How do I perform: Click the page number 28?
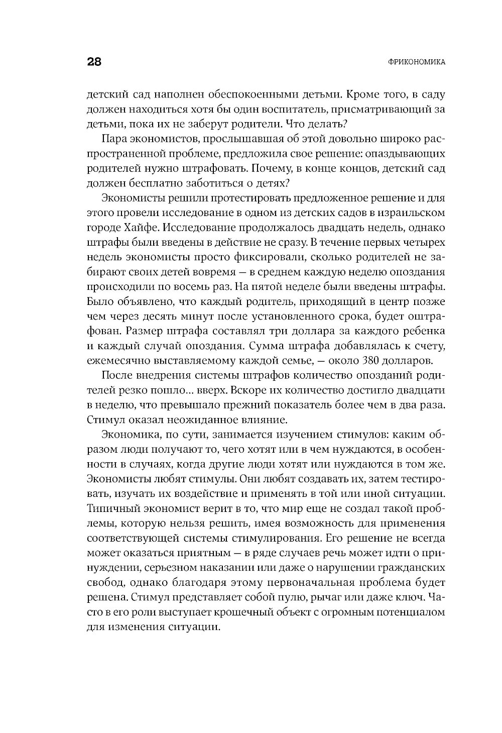tap(94, 62)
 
